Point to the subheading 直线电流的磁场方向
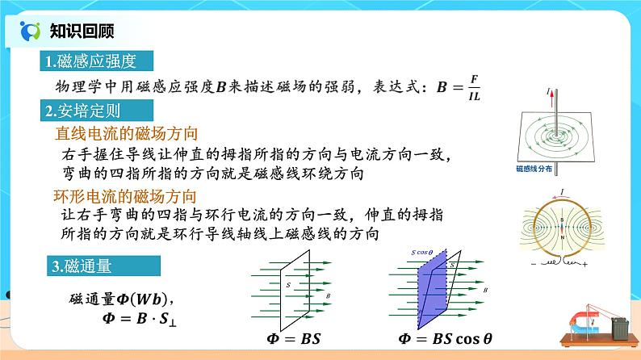127,132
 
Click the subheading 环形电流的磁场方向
127,196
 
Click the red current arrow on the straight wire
555,100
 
